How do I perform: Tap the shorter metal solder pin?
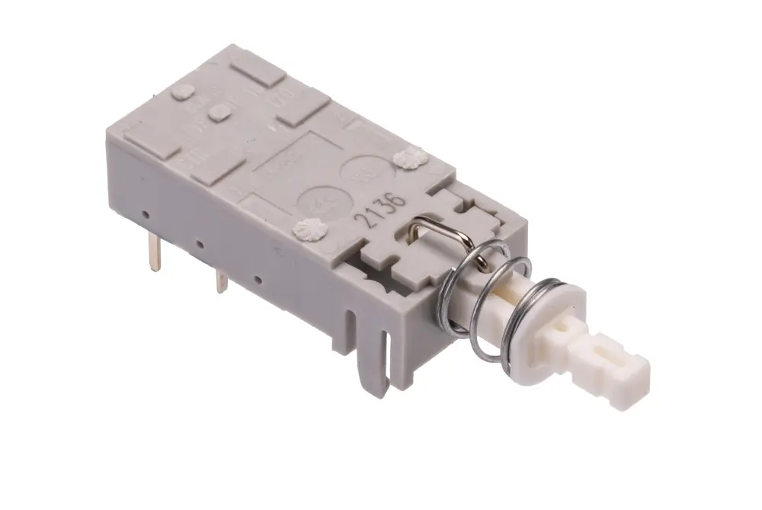pyautogui.click(x=220, y=280)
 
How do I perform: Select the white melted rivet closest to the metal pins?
pyautogui.click(x=311, y=228)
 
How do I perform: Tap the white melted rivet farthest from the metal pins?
pyautogui.click(x=411, y=159)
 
